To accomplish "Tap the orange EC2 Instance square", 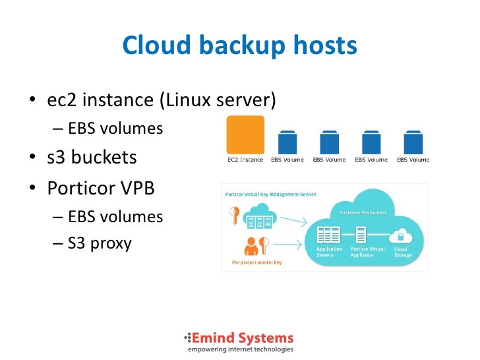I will pos(245,135).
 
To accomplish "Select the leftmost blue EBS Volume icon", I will pos(287,142).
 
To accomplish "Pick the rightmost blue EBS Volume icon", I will pos(413,142).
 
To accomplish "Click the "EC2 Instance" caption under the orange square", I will pos(245,160).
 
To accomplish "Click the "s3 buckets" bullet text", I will pos(92,157).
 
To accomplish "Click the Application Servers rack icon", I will pos(328,234).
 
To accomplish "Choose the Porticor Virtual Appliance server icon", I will pos(361,234).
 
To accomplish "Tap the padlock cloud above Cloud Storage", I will pos(401,235).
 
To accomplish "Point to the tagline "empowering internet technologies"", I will pos(240,349).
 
